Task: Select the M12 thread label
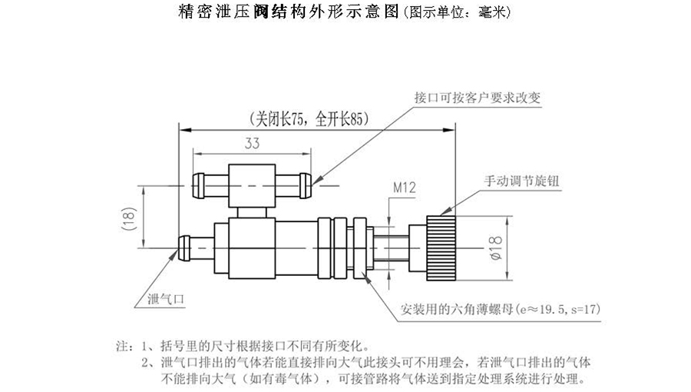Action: click(x=404, y=186)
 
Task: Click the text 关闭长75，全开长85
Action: click(x=302, y=119)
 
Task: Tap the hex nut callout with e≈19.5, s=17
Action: click(x=500, y=311)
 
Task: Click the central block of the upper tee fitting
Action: click(x=251, y=184)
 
